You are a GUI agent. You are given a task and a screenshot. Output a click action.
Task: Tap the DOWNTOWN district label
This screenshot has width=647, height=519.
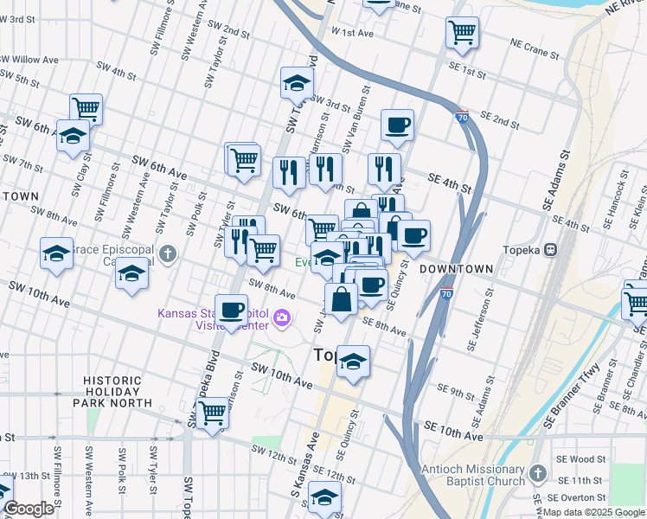(456, 269)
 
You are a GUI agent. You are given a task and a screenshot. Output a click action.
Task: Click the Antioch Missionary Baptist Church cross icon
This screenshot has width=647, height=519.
(537, 473)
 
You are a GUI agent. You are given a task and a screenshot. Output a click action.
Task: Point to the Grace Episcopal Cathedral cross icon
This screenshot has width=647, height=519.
(169, 255)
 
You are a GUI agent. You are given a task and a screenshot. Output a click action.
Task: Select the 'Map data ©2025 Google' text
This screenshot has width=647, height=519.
(593, 512)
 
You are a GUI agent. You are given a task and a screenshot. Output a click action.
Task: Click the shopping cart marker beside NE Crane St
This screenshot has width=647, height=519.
(462, 33)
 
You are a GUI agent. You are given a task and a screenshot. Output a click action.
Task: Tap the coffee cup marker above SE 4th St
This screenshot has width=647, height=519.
(397, 125)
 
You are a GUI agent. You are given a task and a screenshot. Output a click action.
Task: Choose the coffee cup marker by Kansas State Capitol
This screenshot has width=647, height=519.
(231, 309)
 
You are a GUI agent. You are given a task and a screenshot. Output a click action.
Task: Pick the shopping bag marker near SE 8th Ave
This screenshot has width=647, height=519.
(343, 299)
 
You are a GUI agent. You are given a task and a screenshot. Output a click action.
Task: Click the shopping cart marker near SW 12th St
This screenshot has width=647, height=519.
(212, 413)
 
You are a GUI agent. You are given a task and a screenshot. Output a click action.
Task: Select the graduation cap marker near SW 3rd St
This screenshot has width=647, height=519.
(297, 83)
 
